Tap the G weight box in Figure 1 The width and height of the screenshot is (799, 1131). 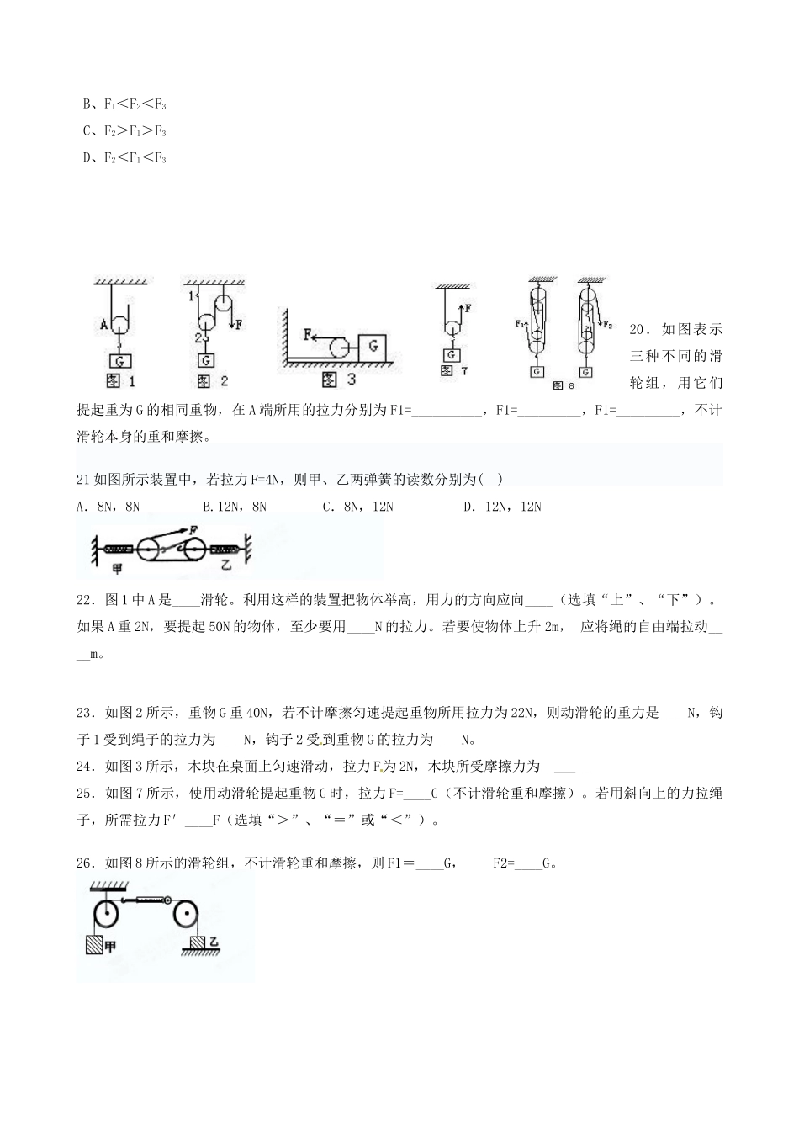122,360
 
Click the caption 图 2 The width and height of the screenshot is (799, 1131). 212,380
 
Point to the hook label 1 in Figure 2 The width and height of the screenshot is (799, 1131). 191,296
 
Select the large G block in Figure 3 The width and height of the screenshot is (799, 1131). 373,346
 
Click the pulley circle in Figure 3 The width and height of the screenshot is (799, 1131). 342,347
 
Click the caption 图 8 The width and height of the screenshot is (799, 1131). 563,385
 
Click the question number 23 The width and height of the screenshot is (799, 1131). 86,714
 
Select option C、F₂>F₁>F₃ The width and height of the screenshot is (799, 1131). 124,131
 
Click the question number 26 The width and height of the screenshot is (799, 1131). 86,863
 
